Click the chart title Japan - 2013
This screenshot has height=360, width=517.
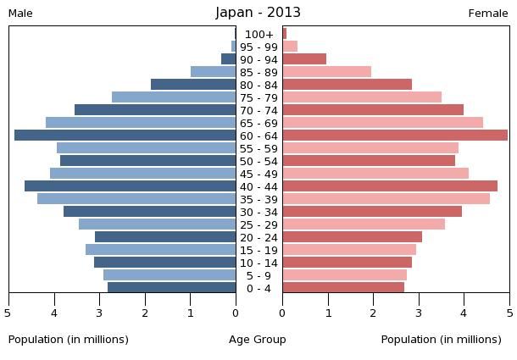[x=258, y=13]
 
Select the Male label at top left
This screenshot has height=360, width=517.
[x=20, y=14]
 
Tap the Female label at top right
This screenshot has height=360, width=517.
[x=488, y=14]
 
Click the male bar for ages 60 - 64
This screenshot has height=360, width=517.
[x=125, y=136]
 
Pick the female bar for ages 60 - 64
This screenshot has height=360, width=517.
[x=395, y=136]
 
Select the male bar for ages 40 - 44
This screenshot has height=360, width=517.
[x=130, y=186]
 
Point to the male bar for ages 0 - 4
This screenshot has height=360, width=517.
[x=171, y=288]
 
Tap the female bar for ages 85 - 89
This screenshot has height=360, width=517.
[x=326, y=72]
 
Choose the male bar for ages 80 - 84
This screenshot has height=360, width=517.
[x=193, y=85]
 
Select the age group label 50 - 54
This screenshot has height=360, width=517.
[x=258, y=161]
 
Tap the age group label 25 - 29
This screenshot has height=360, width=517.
[x=258, y=224]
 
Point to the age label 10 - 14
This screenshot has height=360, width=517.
[x=258, y=263]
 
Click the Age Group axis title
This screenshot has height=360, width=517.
[x=258, y=340]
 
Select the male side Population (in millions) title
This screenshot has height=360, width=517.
[x=69, y=340]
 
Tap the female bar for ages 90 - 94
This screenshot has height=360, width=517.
[x=304, y=59]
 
